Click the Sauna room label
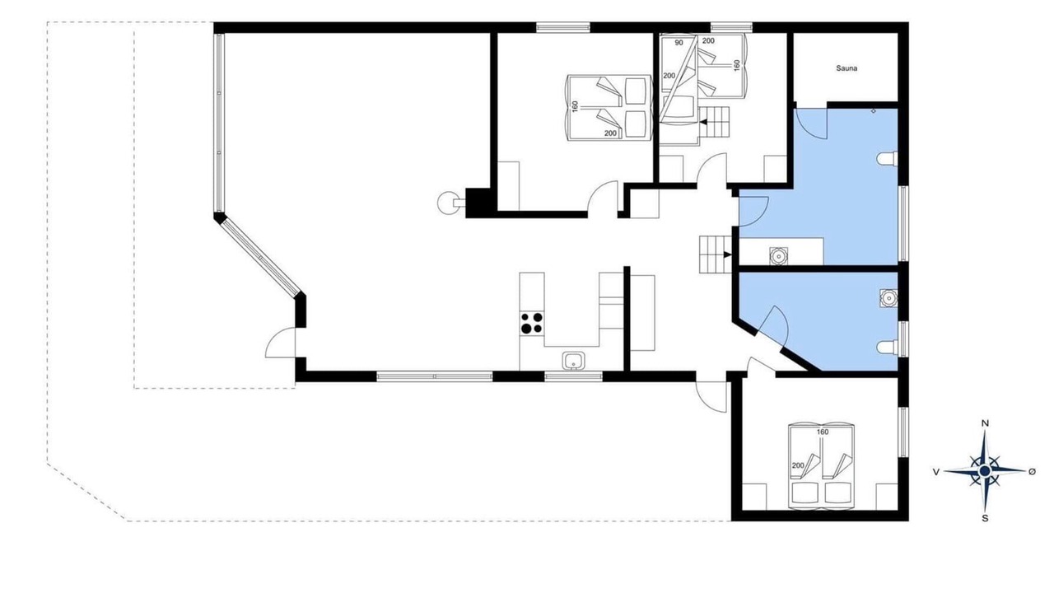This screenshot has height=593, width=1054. [x=846, y=68]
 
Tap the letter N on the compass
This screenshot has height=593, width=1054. [x=984, y=423]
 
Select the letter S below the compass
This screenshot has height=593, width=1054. [x=985, y=519]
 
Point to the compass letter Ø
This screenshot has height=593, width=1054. [x=1032, y=471]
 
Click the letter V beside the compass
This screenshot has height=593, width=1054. [x=936, y=472]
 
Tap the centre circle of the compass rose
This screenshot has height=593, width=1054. [x=984, y=471]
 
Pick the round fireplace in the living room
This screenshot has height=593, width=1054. [x=448, y=203]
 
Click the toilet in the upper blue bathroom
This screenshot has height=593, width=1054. [x=888, y=159]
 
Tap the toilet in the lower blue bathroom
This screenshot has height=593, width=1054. [x=888, y=348]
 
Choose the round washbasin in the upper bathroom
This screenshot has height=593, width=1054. [x=778, y=256]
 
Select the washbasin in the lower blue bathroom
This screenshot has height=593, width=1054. [x=888, y=298]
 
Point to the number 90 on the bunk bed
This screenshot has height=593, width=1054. [x=679, y=43]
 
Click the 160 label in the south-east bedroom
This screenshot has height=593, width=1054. [x=823, y=432]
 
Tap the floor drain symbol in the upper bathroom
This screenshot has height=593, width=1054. [x=874, y=111]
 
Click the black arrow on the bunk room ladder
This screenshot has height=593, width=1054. [x=704, y=123]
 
